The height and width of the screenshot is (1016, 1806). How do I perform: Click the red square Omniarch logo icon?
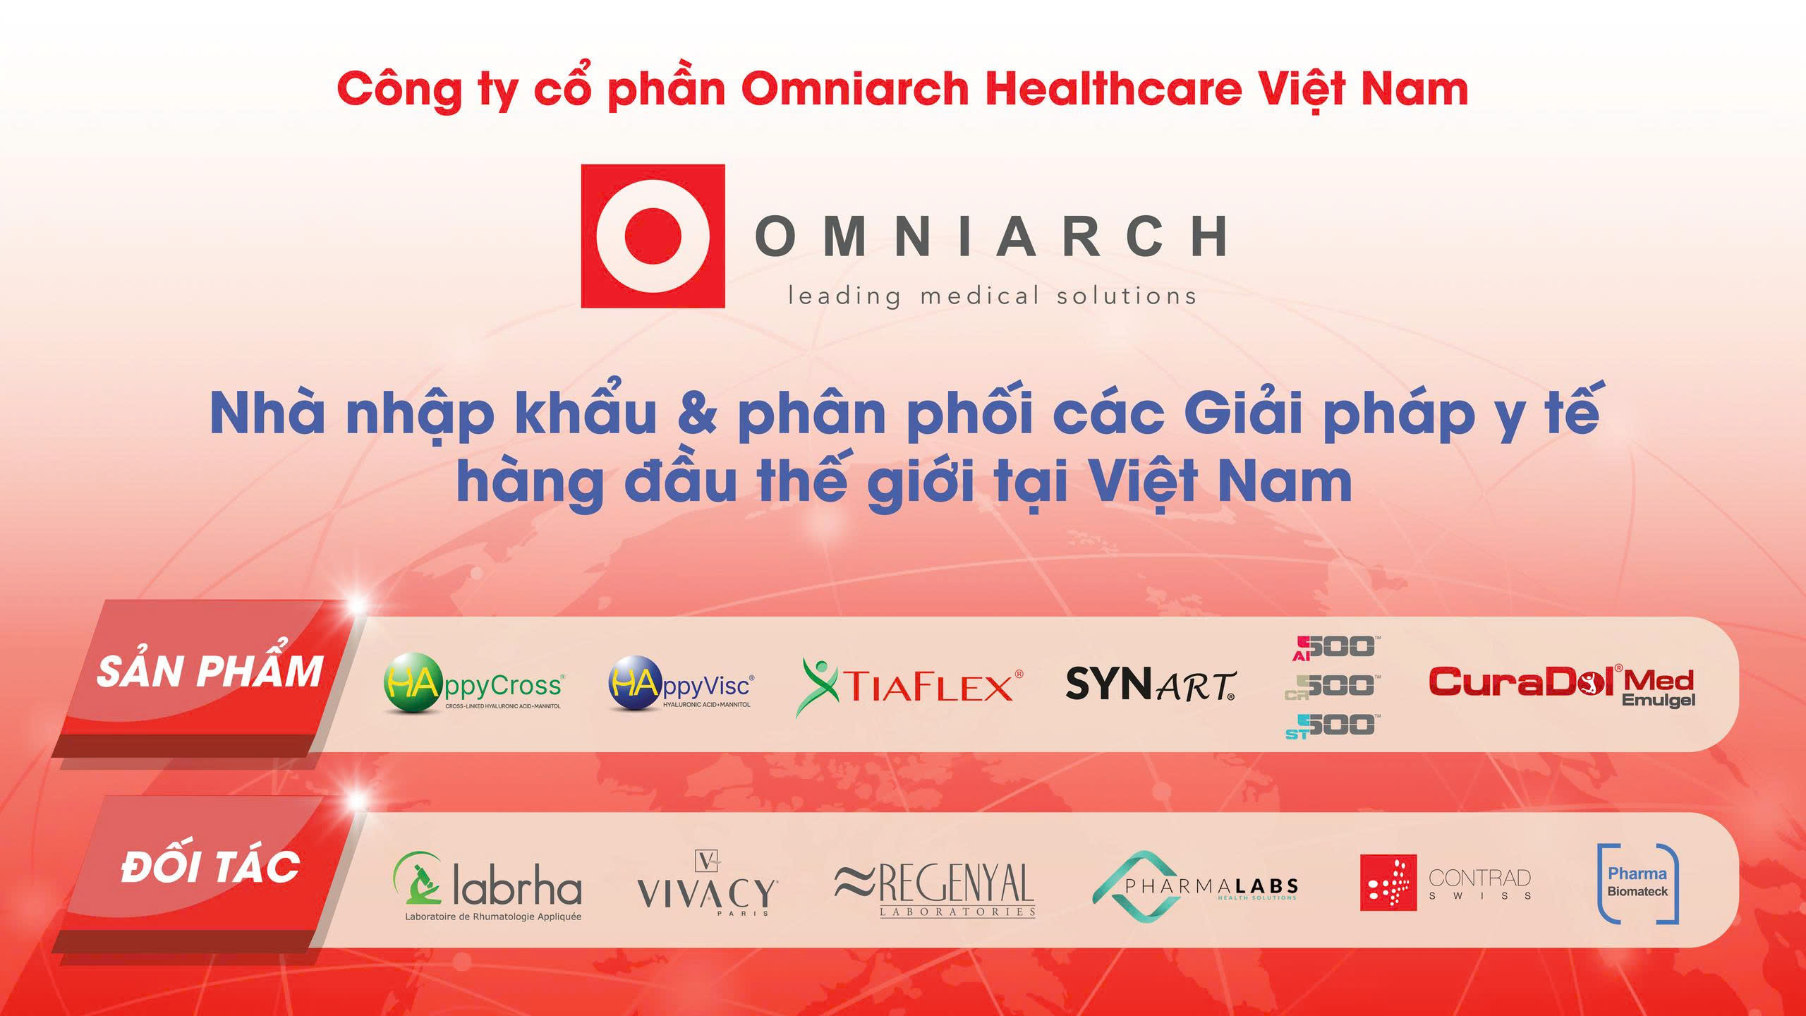coord(653,236)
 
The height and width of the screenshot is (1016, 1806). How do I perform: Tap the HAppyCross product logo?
coord(473,684)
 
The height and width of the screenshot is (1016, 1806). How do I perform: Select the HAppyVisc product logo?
coord(681,684)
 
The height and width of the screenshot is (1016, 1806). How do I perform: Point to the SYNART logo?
coord(1150,684)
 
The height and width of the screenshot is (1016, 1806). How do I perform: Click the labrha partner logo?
coord(487,886)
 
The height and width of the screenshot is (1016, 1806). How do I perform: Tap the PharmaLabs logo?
coord(1196,888)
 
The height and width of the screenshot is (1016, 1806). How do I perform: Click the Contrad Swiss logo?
coord(1446,883)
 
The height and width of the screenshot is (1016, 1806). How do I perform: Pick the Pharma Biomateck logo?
coord(1637,883)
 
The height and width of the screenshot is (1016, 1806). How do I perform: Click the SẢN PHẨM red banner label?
coord(210,672)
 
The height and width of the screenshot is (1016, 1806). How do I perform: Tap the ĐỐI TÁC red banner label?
coord(210,867)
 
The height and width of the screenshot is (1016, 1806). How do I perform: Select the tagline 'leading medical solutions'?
coord(992,296)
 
